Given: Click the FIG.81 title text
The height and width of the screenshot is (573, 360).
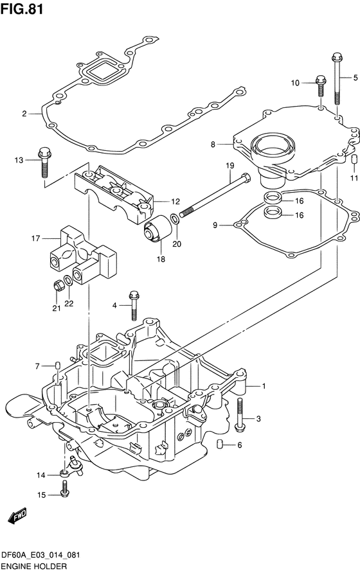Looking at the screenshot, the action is (22, 9).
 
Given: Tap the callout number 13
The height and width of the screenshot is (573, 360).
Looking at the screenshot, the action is (19, 160).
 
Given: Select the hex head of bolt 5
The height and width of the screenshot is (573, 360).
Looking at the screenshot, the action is (337, 57).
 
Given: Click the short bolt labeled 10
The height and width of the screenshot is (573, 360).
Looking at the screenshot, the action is (321, 85).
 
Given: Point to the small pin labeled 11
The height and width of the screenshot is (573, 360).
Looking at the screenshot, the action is (354, 160).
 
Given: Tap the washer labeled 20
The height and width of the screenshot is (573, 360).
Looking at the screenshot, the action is (175, 219).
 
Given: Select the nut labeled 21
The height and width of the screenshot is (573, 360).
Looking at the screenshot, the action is (58, 285).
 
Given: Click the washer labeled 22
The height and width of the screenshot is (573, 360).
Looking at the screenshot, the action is (68, 281).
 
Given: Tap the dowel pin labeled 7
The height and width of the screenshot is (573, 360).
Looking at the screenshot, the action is (57, 366).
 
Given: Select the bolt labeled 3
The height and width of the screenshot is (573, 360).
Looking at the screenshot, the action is (240, 413).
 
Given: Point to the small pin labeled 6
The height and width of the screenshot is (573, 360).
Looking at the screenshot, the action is (220, 444).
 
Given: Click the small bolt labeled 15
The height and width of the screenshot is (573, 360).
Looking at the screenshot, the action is (66, 489).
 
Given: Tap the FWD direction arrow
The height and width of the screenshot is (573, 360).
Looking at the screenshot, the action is (17, 515).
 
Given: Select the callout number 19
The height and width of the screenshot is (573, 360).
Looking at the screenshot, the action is (230, 166).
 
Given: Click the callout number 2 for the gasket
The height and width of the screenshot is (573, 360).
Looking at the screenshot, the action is (24, 114).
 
